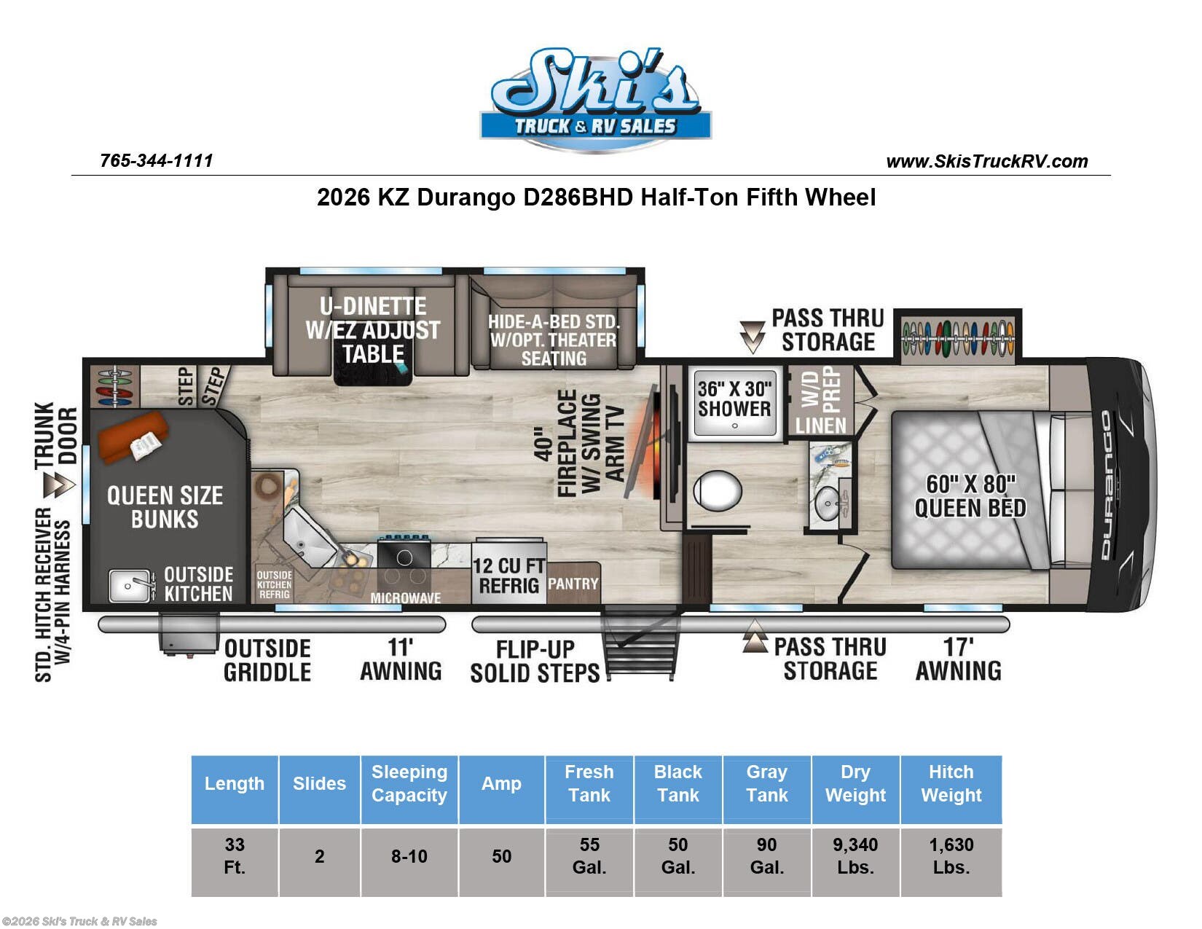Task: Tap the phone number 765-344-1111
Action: tap(157, 161)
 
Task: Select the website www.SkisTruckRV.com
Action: tap(986, 162)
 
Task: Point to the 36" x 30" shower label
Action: tap(734, 399)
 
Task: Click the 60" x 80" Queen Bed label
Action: tap(970, 496)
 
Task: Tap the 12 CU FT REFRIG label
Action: tap(508, 576)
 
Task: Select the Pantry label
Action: tap(573, 584)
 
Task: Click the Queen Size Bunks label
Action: tap(165, 507)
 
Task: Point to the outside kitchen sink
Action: tap(130, 586)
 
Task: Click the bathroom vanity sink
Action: tap(828, 503)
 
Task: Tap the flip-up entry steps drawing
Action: tap(640, 646)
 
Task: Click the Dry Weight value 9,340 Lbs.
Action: tap(855, 856)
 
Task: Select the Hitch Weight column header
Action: tap(951, 783)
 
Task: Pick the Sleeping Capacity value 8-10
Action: tap(409, 856)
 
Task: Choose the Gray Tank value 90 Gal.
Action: tap(766, 856)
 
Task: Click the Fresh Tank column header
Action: tap(589, 783)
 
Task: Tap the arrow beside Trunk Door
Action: tap(59, 485)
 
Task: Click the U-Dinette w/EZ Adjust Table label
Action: tap(373, 330)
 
